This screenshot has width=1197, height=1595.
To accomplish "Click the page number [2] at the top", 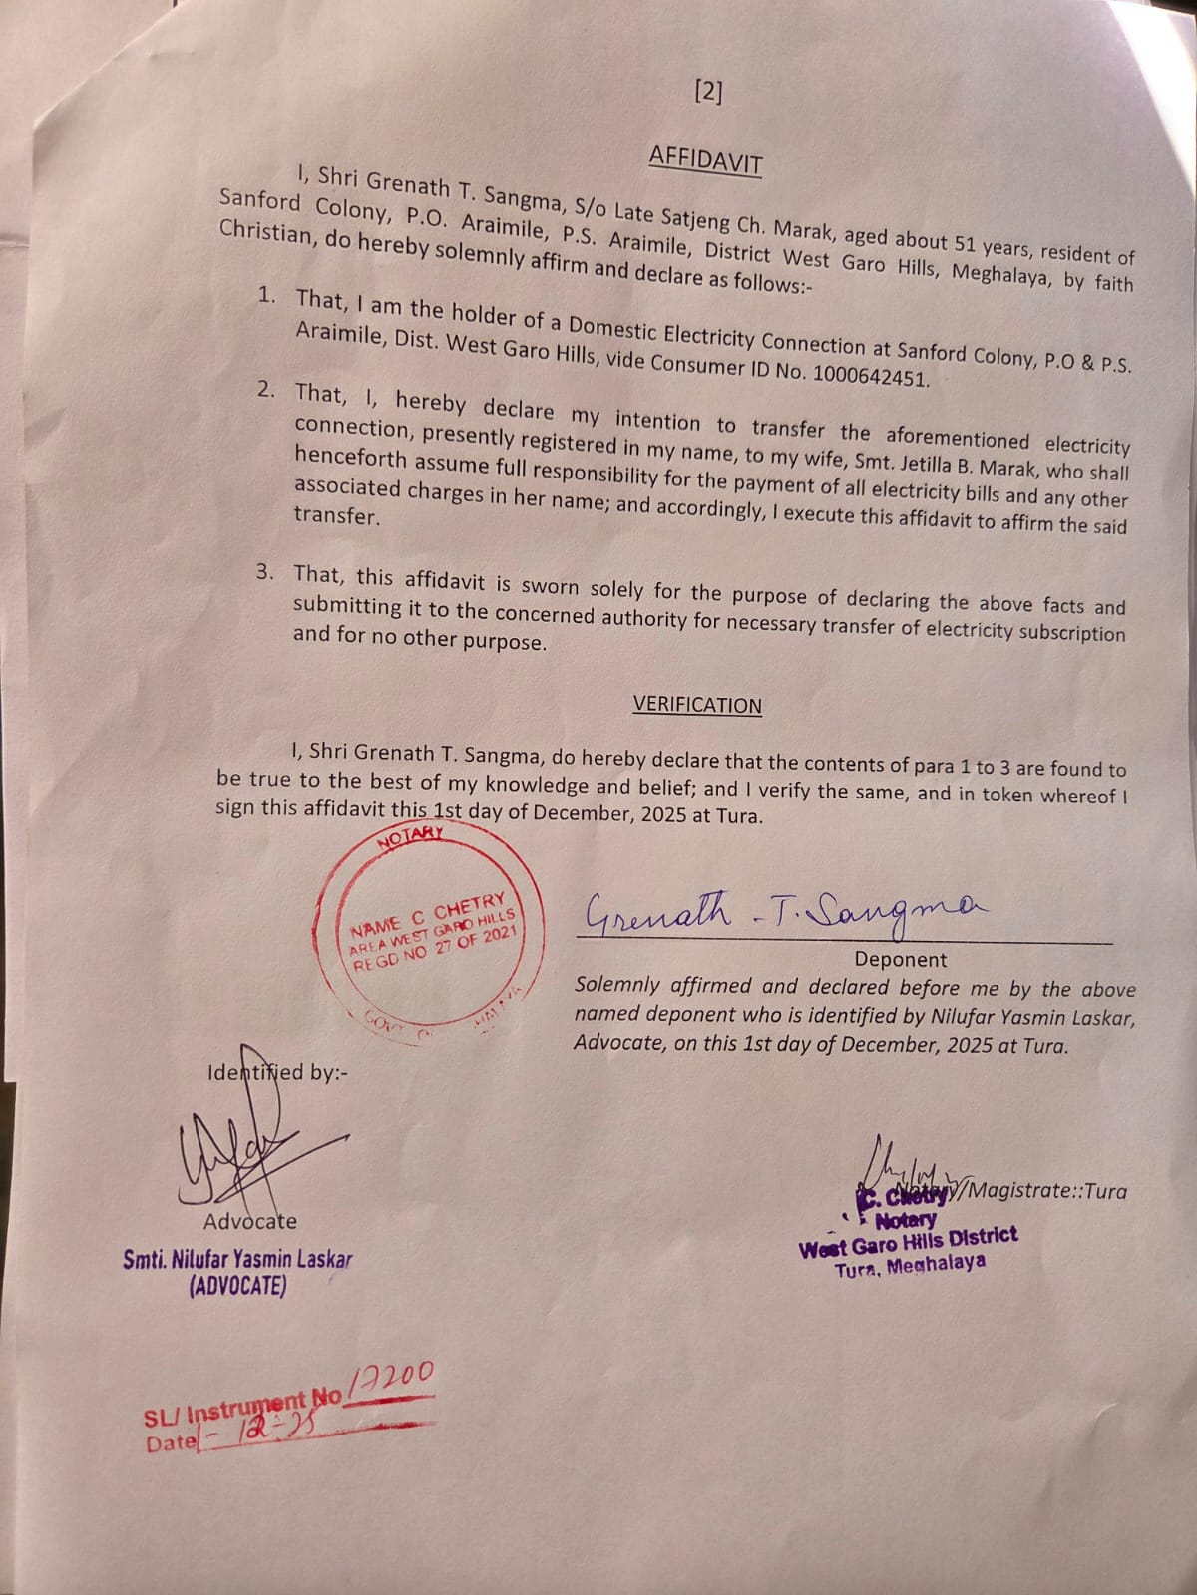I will point(707,92).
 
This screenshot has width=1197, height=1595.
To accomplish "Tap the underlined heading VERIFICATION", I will point(697,705).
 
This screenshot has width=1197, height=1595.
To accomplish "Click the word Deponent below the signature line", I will point(901,960).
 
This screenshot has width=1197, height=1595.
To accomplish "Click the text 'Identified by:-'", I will point(277,1073).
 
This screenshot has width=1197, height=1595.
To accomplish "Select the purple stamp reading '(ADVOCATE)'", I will point(237,1286).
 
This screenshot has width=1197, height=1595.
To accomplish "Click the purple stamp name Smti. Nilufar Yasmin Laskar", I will point(237,1259).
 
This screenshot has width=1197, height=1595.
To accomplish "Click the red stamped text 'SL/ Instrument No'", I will point(243,1411).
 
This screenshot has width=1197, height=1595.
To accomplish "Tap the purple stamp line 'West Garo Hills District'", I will point(908,1242).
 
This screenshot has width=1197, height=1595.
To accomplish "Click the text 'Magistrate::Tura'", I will point(1047,1190).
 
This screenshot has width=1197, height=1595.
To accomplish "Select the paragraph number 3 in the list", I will point(265,572).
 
